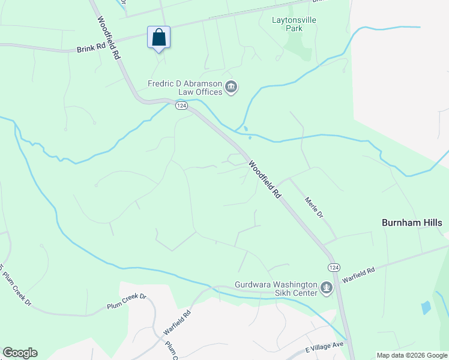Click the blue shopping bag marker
pyautogui.click(x=158, y=38)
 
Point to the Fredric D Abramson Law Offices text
pyautogui.click(x=185, y=88)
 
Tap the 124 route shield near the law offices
pyautogui.click(x=182, y=106)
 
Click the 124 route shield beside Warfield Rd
pyautogui.click(x=334, y=266)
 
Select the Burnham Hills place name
pyautogui.click(x=412, y=223)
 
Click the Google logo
pyautogui.click(x=20, y=353)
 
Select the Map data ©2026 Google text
pyautogui.click(x=412, y=355)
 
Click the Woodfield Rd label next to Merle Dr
pyautogui.click(x=265, y=179)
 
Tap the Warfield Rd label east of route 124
pyautogui.click(x=358, y=275)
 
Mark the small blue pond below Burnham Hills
pyautogui.click(x=426, y=308)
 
